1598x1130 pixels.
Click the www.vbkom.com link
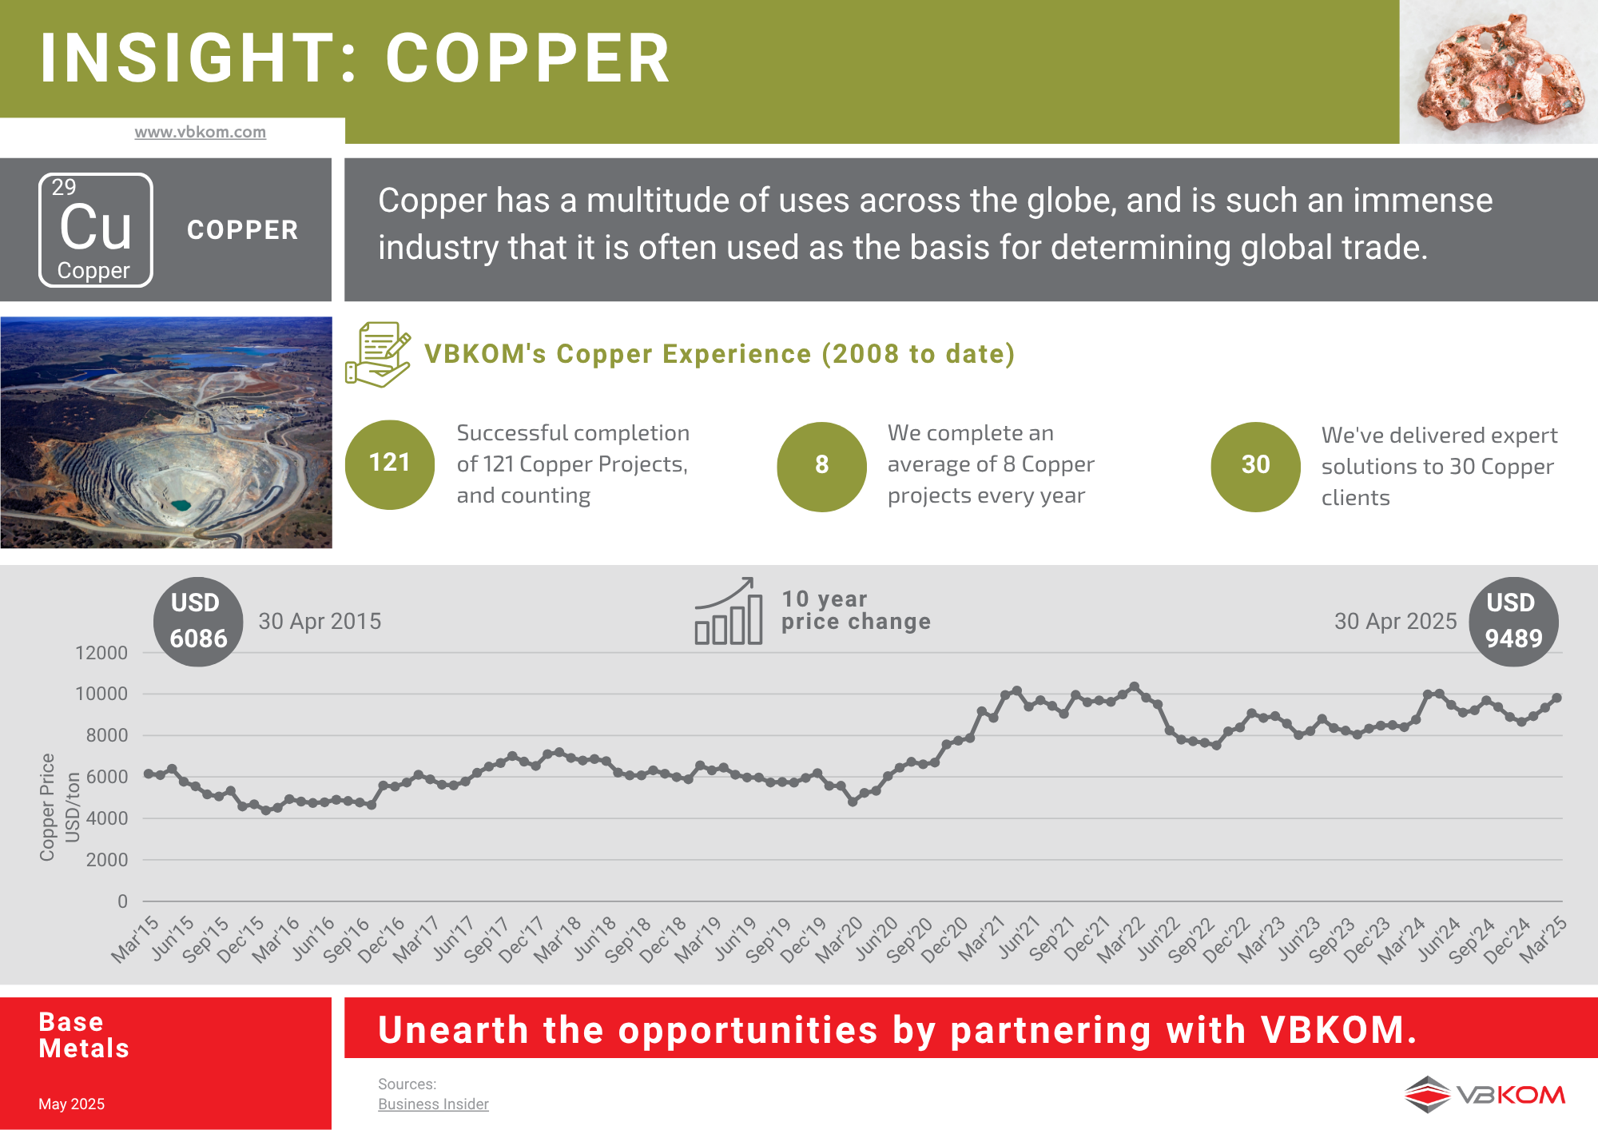coord(200,132)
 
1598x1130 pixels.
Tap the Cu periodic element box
coord(96,230)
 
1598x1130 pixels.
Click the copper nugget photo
coord(1500,72)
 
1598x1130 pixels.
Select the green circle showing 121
coord(390,464)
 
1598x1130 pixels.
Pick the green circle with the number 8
coord(821,466)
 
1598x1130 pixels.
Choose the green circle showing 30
coord(1255,466)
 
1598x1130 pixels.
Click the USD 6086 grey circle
coord(198,621)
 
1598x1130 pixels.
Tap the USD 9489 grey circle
coord(1513,621)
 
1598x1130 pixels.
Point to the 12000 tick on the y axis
coord(101,653)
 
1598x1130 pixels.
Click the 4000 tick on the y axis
coord(106,818)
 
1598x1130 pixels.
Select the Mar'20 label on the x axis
coord(839,940)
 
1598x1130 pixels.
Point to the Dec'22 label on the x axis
coord(1226,940)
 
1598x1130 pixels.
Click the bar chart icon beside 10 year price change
coord(728,611)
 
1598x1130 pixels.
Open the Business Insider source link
coord(433,1104)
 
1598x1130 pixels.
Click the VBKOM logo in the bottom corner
coord(1485,1094)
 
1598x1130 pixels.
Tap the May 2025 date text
coord(71,1104)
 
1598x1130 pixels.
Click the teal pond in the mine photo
coord(181,505)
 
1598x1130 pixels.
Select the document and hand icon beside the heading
coord(378,355)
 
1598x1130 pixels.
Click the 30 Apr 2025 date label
coord(1395,621)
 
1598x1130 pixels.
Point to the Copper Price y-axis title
coord(48,807)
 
